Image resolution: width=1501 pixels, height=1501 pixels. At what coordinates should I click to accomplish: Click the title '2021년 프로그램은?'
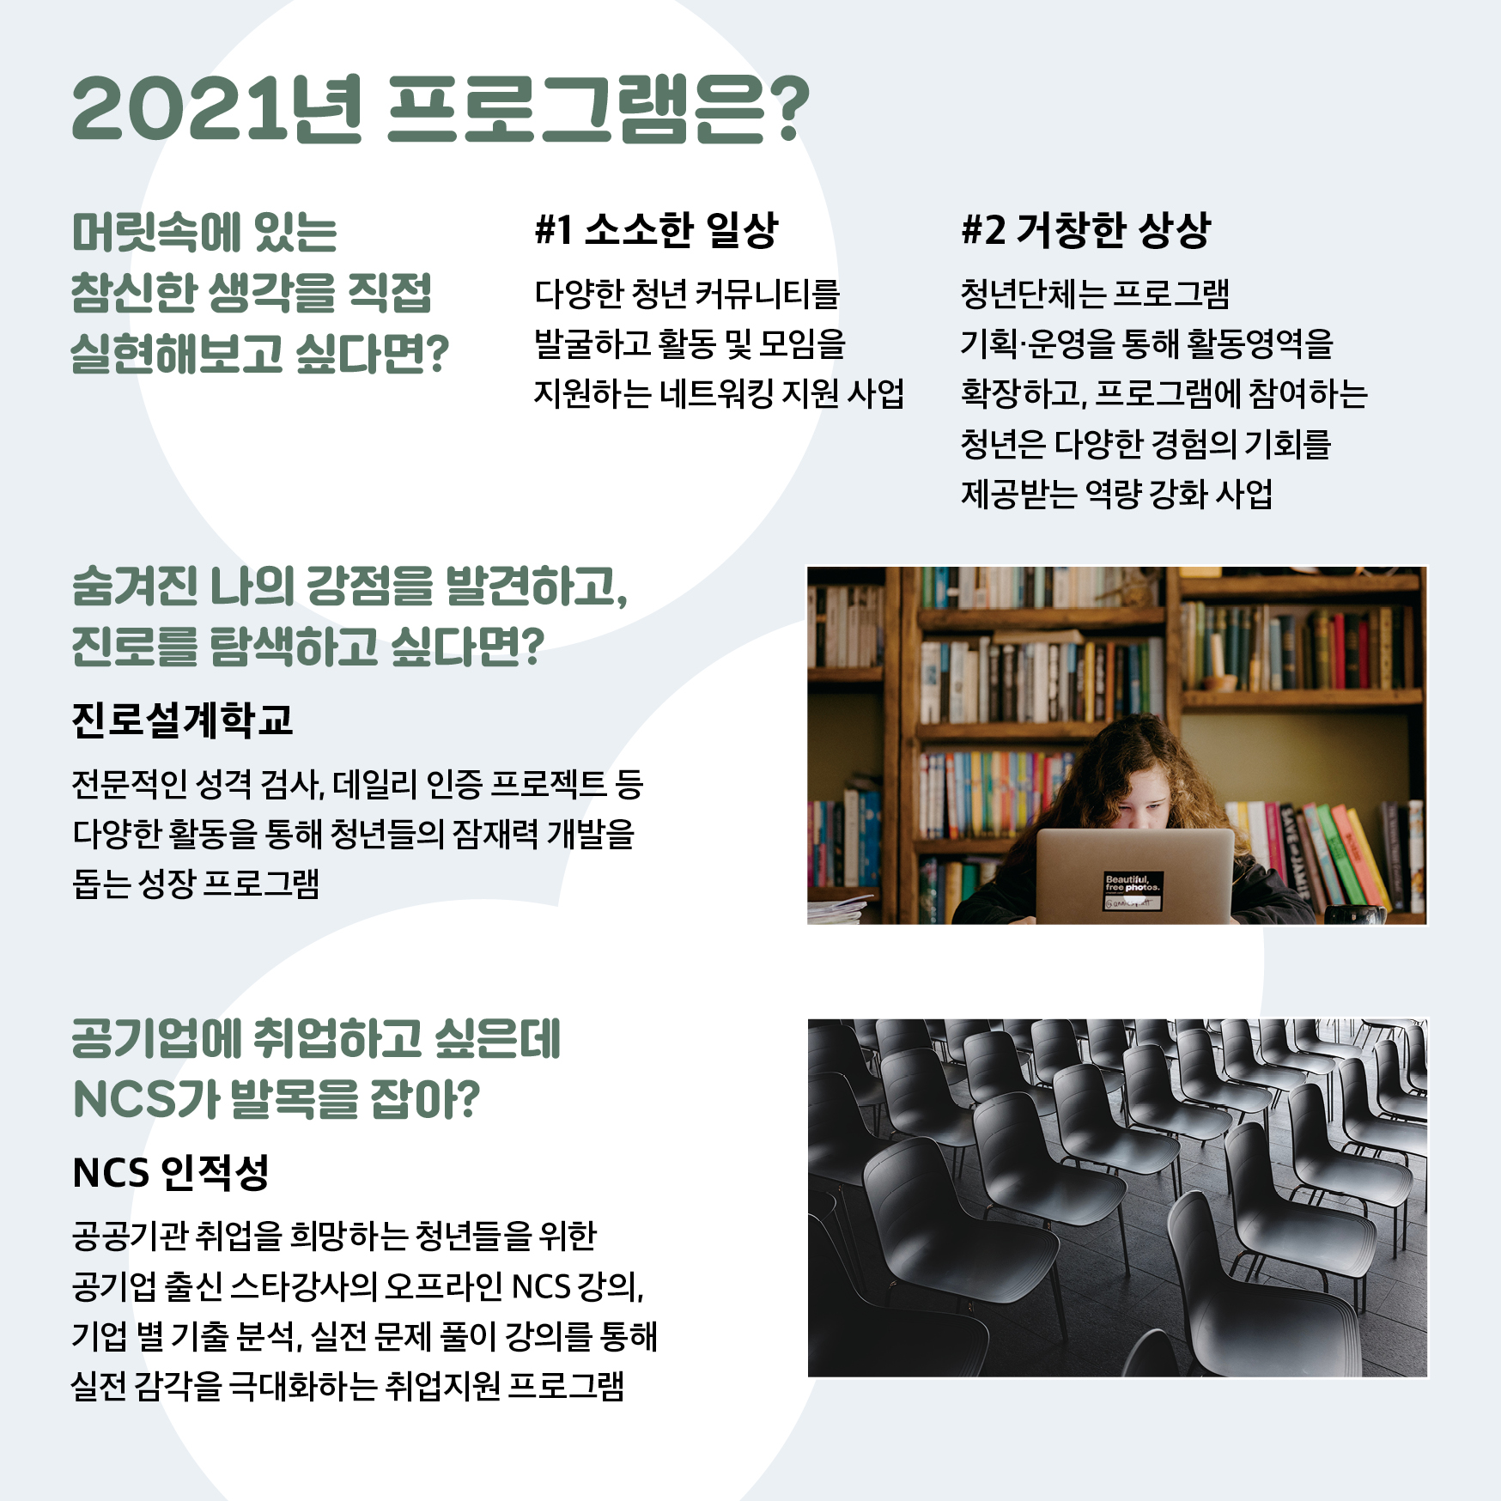click(441, 108)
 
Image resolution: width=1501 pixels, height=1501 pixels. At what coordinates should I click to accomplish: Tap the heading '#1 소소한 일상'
click(656, 230)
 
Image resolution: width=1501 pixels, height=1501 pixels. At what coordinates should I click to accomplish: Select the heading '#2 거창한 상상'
click(1085, 230)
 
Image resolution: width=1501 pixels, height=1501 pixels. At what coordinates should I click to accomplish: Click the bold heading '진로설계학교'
click(183, 720)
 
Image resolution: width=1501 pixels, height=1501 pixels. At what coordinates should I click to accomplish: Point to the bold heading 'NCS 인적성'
click(171, 1172)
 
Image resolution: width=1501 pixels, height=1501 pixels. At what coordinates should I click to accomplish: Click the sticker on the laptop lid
click(1133, 891)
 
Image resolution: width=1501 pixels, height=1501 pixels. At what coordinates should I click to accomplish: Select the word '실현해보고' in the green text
click(177, 354)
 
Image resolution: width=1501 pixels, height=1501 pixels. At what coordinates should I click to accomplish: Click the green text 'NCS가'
click(146, 1100)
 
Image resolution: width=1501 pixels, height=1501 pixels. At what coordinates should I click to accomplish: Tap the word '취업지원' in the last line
click(443, 1386)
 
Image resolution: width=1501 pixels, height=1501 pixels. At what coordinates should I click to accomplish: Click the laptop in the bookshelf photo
click(1133, 876)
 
